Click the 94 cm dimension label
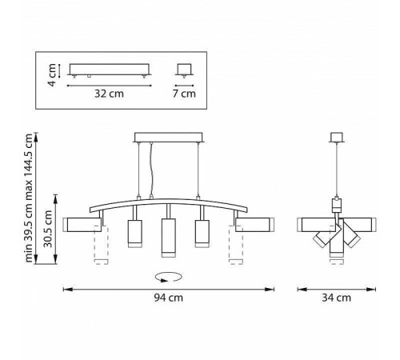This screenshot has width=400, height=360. (169, 298)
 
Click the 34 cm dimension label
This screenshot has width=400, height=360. (336, 298)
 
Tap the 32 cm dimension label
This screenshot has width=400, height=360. (109, 94)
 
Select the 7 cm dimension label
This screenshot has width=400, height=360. (184, 94)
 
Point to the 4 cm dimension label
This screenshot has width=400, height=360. (52, 75)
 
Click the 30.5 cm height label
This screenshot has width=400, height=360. (48, 229)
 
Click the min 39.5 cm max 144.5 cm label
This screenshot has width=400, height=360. (29, 198)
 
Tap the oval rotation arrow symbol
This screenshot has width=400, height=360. (169, 277)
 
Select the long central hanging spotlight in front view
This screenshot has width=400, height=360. (169, 238)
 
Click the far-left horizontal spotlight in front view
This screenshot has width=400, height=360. (82, 225)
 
